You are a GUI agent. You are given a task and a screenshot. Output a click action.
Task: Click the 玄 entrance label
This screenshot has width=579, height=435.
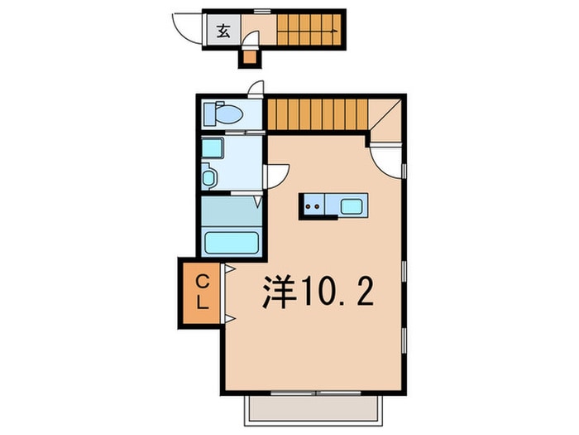click(x=223, y=32)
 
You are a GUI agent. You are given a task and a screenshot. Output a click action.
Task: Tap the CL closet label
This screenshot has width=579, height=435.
click(x=202, y=294)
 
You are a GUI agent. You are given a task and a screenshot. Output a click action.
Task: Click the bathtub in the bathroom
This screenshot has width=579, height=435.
click(x=232, y=243)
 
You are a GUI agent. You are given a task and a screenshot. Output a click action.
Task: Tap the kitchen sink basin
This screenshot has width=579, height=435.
click(x=352, y=205)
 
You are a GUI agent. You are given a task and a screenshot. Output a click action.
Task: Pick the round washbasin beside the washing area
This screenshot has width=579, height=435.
click(x=208, y=177)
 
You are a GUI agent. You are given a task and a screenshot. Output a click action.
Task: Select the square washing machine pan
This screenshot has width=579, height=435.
click(x=213, y=150)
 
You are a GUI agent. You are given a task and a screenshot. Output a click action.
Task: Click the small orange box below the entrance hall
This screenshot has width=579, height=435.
click(x=248, y=56)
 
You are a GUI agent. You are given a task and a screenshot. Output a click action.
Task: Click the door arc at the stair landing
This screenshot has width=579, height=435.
click(x=385, y=157)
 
